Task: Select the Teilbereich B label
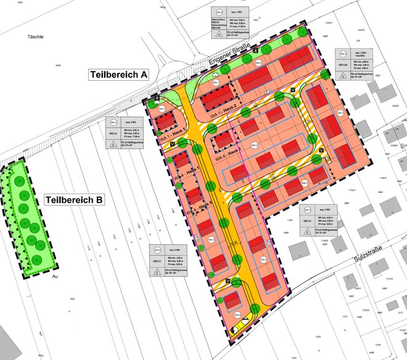[x=75, y=200]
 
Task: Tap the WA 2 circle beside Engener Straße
[x=259, y=63]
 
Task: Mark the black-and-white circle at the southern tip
[x=247, y=321]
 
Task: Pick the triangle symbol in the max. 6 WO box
[x=113, y=145]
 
